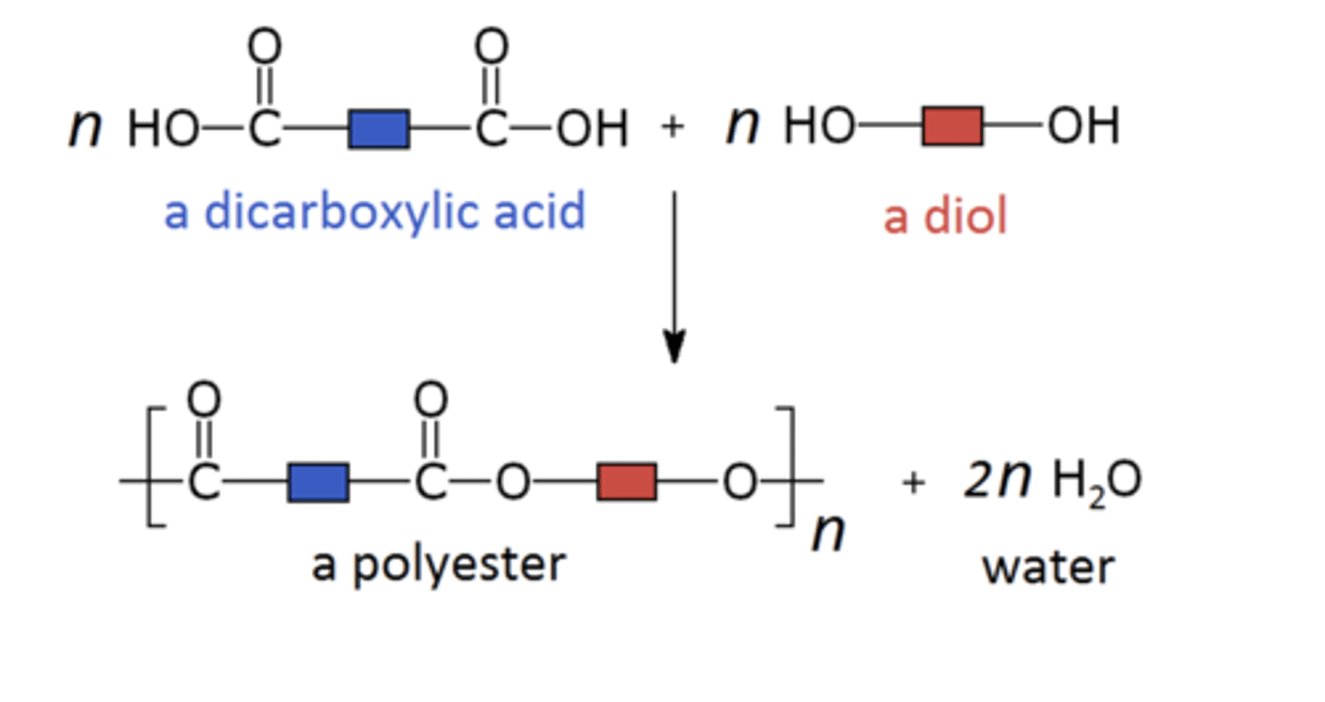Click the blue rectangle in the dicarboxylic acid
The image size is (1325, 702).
(379, 129)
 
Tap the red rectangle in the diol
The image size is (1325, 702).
(952, 127)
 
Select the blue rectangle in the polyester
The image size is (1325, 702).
(317, 483)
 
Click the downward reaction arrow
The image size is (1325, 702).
(674, 276)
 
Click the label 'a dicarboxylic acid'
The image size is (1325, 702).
(374, 213)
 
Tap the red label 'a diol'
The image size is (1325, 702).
(945, 217)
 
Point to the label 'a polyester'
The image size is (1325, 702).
(438, 564)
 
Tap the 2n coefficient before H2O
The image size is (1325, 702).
(997, 479)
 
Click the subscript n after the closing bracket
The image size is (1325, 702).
(827, 533)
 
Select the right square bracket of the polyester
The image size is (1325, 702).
(784, 466)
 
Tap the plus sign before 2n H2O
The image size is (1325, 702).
(913, 483)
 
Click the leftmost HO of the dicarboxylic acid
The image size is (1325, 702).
(162, 129)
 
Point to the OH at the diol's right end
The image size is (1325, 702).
(1083, 127)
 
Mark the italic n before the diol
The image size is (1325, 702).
(742, 125)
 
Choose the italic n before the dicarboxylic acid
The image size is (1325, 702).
(85, 128)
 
